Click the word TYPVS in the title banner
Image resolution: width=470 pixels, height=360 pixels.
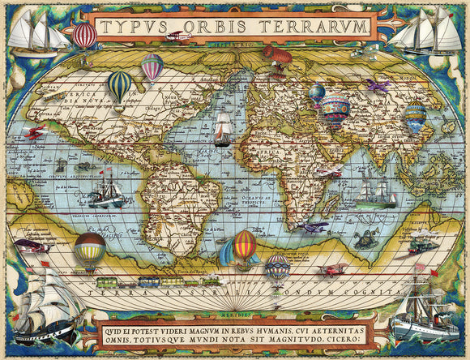coord(130,27)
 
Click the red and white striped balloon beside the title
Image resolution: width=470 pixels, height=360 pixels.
coord(84,35)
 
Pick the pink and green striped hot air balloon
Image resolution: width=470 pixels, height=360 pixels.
coord(152,67)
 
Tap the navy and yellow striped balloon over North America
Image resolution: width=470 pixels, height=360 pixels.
coord(120,85)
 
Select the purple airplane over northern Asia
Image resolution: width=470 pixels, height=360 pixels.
coord(377,84)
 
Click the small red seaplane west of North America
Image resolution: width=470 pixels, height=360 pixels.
coord(35,133)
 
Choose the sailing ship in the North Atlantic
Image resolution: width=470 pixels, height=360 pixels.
coord(223,130)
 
